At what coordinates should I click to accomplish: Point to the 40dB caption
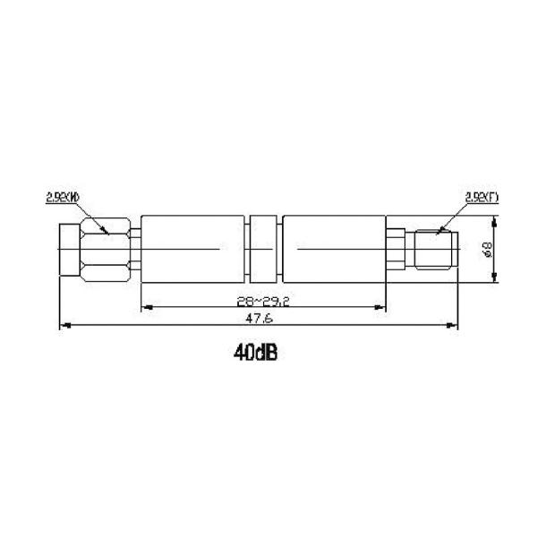point(256,354)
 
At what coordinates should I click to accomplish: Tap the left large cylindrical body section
point(192,249)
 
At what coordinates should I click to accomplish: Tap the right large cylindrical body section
point(334,249)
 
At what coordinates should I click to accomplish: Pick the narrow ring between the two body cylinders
point(263,249)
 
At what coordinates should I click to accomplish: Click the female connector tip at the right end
point(436,249)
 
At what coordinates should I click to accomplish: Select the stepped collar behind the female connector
point(396,249)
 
